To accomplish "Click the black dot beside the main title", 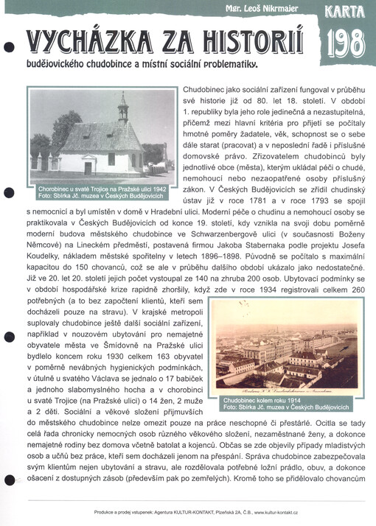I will (9, 46).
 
